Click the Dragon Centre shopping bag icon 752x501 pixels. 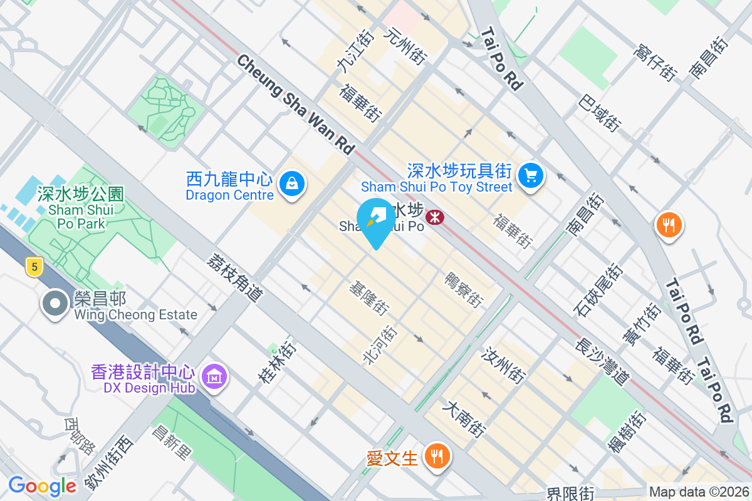292,183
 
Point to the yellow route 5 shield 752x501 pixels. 34,267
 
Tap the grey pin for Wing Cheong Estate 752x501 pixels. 55,303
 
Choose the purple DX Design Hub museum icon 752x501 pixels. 215,376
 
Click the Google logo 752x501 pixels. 42,486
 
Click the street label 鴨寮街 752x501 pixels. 464,289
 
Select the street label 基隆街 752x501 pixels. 369,297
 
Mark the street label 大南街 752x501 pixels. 464,419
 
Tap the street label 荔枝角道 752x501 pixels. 234,280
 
